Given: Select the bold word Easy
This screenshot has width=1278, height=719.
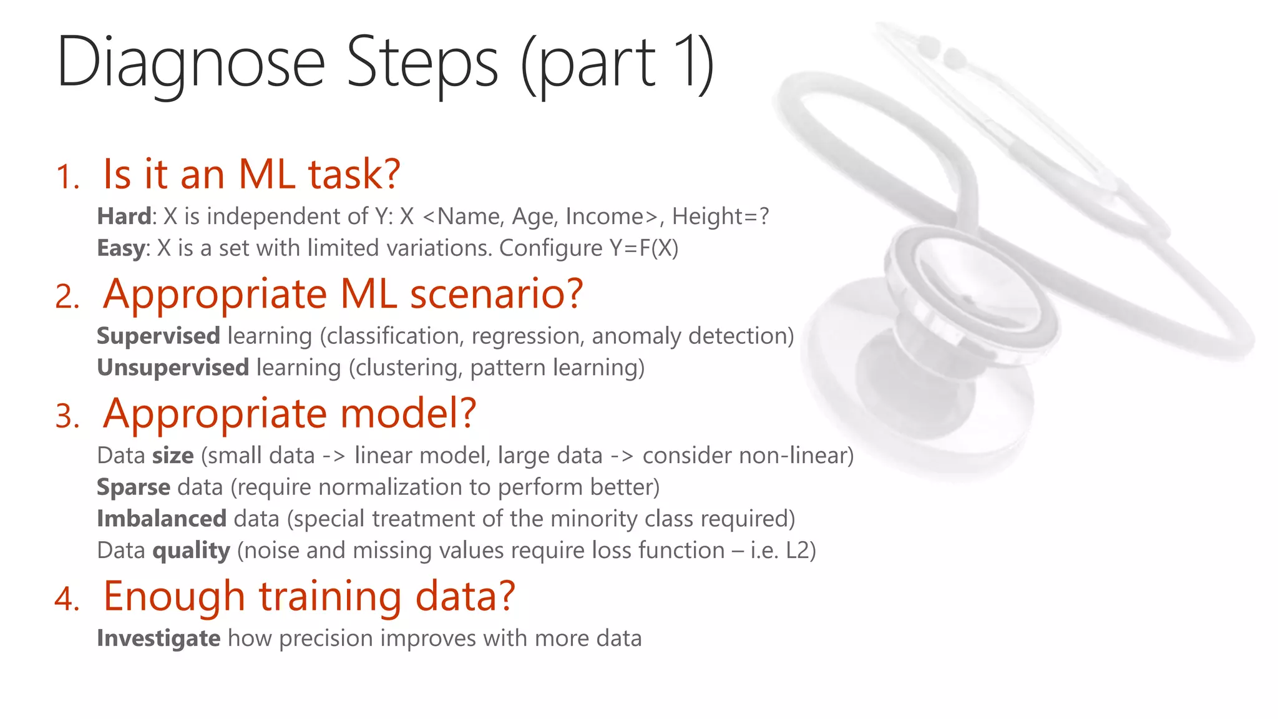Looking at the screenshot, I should (x=121, y=248).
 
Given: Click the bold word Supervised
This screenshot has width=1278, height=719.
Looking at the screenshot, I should (x=159, y=336).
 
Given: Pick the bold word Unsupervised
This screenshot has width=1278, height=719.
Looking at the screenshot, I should (x=173, y=368).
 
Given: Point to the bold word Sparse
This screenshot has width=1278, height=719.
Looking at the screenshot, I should (x=134, y=487).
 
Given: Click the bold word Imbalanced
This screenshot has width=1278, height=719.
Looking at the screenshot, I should (x=162, y=519).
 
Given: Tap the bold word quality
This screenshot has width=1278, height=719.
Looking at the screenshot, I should (x=191, y=551).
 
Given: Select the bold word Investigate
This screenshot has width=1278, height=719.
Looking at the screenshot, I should (x=159, y=638).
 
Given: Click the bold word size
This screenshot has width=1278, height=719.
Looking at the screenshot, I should (x=173, y=456).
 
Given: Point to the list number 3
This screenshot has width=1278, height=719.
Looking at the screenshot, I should (x=67, y=417).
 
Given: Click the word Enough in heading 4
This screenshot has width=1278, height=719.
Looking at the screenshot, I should (x=174, y=596).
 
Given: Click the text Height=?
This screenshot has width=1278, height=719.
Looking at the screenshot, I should (x=720, y=217).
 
